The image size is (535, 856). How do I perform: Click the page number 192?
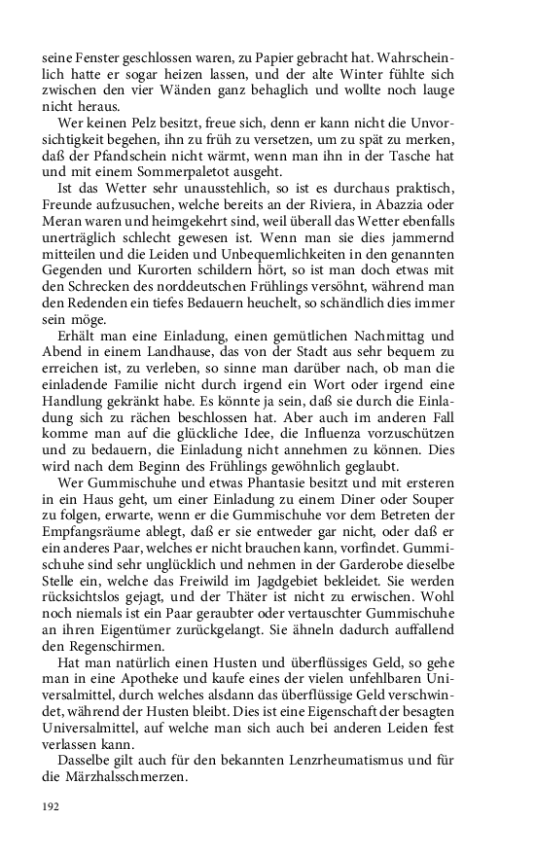coord(51,806)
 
